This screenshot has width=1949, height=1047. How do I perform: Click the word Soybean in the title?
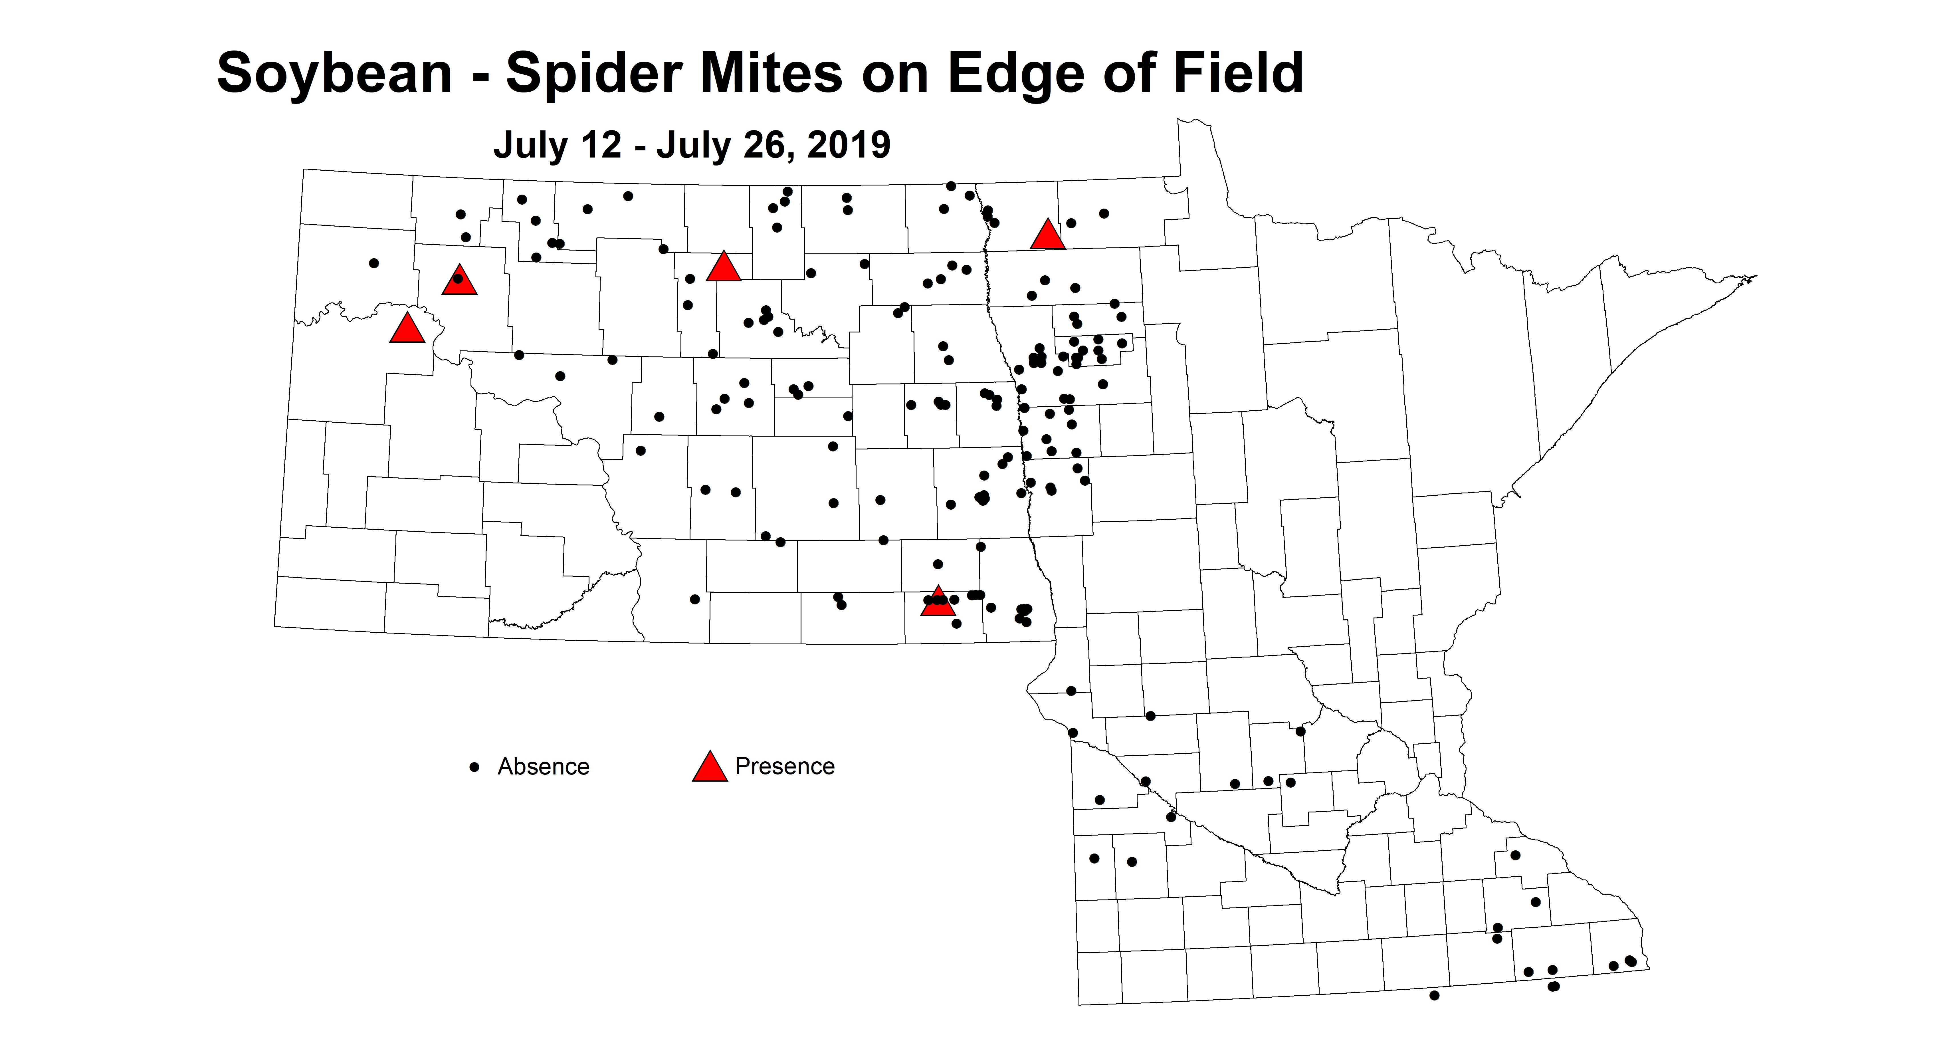334,74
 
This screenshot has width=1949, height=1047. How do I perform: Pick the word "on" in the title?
893,74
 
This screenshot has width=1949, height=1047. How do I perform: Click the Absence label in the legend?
543,766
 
